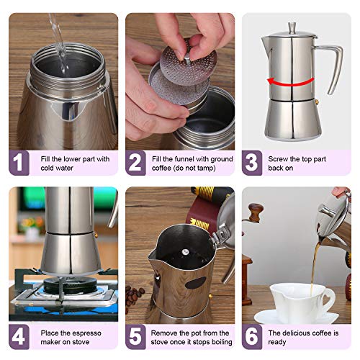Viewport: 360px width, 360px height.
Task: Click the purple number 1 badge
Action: coord(19,163)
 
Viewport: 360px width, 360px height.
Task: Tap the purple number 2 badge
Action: coord(135,163)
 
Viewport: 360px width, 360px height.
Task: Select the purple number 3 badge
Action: coord(252,163)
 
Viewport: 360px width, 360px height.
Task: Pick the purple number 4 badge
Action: coord(19,337)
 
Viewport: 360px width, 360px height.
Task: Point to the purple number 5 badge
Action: coord(135,337)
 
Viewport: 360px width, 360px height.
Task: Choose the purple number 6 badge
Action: coord(252,337)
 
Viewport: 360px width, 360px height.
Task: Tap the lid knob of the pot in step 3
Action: coord(292,28)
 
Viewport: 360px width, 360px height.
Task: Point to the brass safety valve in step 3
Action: coord(317,102)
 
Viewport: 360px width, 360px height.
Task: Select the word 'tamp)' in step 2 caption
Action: coord(207,168)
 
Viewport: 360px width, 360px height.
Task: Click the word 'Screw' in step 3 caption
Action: coord(278,159)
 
